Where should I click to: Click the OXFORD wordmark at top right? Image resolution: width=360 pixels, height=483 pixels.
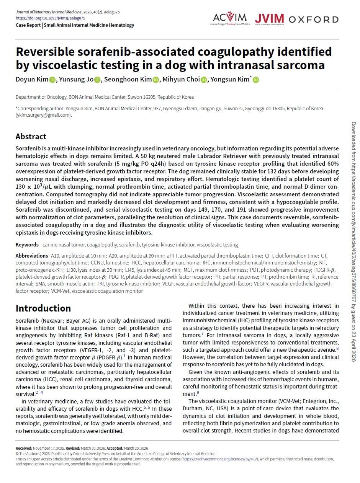tap(314, 19)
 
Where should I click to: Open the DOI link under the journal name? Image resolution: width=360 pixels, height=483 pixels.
tap(51, 18)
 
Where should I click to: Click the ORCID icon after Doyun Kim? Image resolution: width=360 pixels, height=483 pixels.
tap(53, 80)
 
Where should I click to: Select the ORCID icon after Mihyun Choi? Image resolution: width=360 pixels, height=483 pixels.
tap(204, 80)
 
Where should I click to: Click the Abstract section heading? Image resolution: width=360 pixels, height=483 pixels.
tap(31, 137)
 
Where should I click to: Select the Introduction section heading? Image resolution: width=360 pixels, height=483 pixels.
tap(43, 308)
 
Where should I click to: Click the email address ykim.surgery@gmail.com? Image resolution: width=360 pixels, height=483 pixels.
tap(43, 115)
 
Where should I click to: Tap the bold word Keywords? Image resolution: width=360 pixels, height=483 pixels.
tap(27, 245)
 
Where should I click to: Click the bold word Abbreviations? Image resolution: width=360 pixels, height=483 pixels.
tap(32, 256)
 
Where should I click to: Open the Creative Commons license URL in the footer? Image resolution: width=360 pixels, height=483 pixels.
tap(220, 459)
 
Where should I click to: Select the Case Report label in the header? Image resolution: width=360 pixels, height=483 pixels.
tap(28, 25)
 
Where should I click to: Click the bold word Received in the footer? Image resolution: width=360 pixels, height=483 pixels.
tap(24, 448)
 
